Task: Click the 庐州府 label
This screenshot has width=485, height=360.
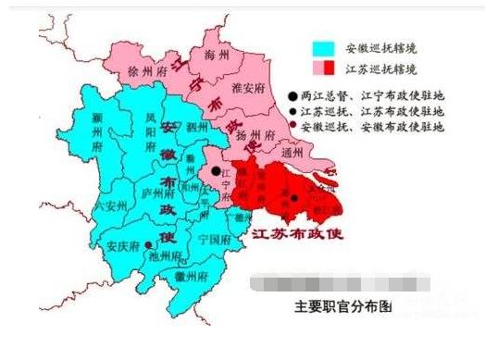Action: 158,196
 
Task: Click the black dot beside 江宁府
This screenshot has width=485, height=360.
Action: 215,171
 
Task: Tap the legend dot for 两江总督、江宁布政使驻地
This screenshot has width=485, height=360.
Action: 292,94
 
